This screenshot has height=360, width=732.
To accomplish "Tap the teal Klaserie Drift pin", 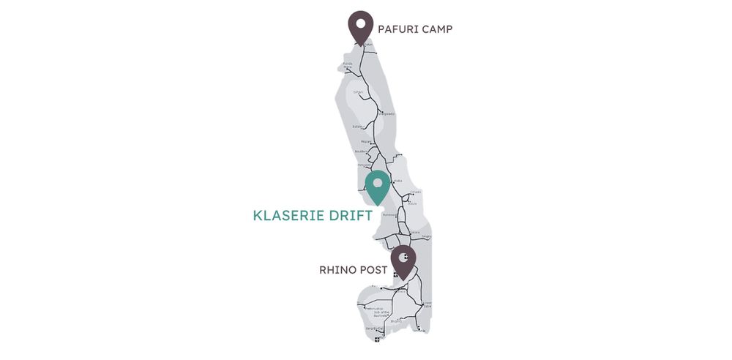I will pyautogui.click(x=378, y=186).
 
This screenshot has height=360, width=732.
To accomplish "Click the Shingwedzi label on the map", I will pyautogui.click(x=386, y=114).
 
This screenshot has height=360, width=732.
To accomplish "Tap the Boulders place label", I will pyautogui.click(x=361, y=151).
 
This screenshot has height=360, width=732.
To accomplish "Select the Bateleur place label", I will pyautogui.click(x=358, y=127).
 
